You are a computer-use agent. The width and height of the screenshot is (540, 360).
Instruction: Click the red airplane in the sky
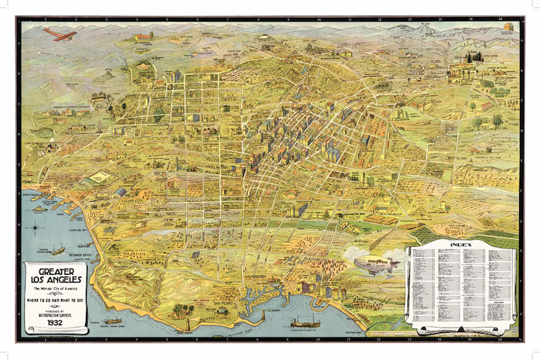pyautogui.click(x=60, y=35)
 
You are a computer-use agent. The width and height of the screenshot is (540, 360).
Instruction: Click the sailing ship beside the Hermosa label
pyautogui.click(x=57, y=249)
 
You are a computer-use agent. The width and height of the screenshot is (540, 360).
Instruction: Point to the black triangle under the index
pyautogui.click(x=461, y=331)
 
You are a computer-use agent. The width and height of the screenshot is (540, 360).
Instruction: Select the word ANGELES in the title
pyautogui.click(x=66, y=279)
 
